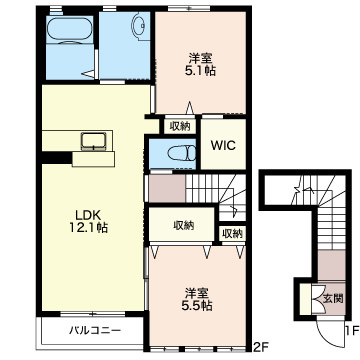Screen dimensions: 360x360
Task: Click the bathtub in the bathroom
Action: pos(69,29)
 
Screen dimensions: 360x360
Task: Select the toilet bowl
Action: pos(182,154)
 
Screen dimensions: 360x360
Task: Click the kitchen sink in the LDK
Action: pos(93,141)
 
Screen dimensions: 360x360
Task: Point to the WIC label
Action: pos(223,145)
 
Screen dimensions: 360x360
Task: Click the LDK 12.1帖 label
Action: pos(88,221)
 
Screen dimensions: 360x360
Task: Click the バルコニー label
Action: pos(95,331)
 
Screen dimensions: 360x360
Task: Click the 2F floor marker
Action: pos(260,348)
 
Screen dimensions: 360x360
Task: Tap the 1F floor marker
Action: pos(352,331)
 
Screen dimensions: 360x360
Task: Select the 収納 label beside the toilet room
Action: pos(180,126)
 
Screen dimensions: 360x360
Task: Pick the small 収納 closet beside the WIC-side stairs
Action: pos(232,234)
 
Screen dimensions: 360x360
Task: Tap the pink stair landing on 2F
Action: pos(167,188)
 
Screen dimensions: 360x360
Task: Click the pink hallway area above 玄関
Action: pos(331,265)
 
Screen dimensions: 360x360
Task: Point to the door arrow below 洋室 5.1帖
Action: pos(190,108)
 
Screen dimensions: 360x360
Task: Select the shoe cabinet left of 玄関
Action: pos(305,299)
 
